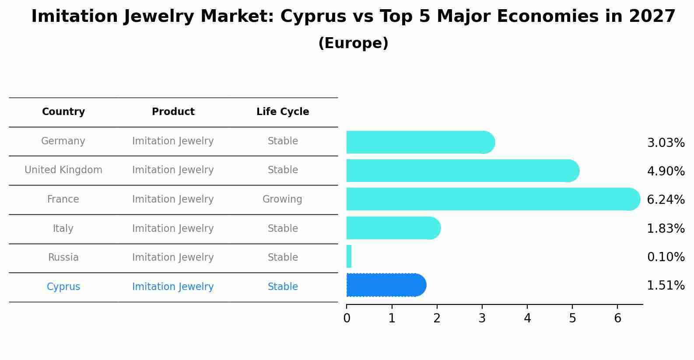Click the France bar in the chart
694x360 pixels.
click(490, 199)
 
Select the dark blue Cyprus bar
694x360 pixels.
click(385, 285)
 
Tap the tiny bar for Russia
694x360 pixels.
click(349, 256)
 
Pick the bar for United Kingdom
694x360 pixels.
click(459, 171)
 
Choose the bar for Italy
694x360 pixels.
click(392, 228)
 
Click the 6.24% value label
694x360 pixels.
click(666, 200)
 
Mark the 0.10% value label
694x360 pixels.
click(666, 257)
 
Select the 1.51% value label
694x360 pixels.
click(666, 286)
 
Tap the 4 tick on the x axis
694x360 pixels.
click(527, 318)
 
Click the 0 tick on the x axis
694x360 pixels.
click(347, 318)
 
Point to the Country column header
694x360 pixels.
click(63, 112)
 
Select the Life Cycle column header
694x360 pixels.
click(283, 112)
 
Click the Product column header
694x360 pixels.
click(173, 112)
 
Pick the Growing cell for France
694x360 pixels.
click(282, 199)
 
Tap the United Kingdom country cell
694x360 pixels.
click(63, 170)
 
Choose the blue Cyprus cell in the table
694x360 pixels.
click(63, 287)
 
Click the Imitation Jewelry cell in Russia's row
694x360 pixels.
click(173, 258)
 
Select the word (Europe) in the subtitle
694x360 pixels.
click(353, 43)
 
